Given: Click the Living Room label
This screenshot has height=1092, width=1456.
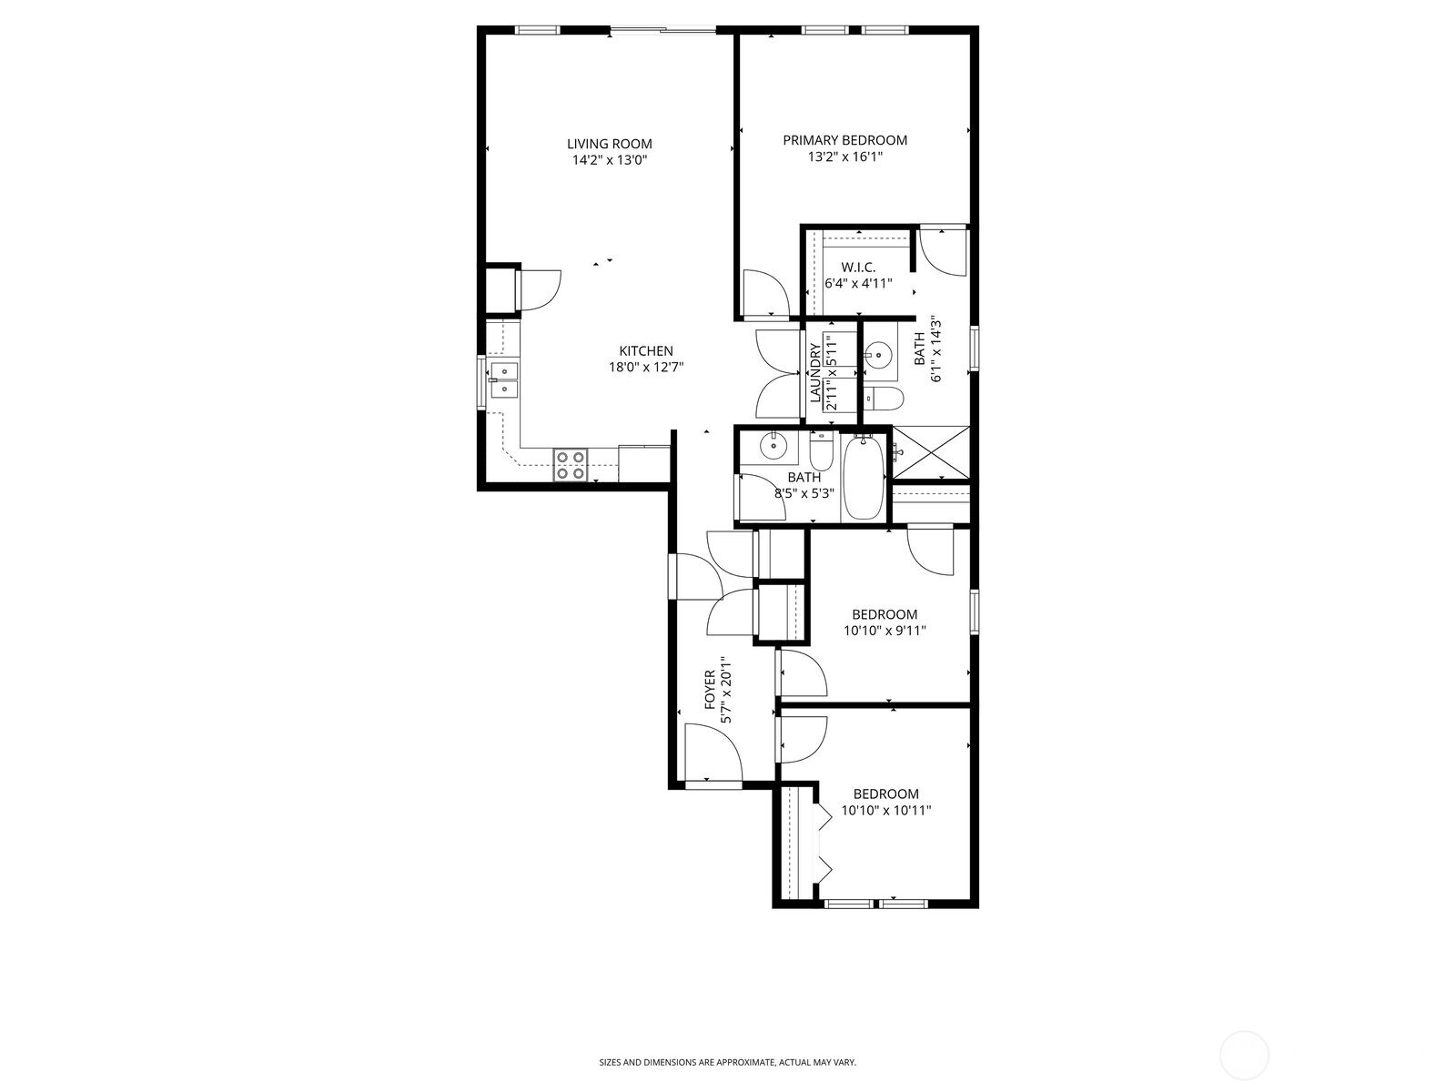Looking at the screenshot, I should [609, 144].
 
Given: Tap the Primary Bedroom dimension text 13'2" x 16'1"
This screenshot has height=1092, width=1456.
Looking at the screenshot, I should [844, 157].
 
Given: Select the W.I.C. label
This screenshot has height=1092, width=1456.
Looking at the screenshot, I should [858, 267].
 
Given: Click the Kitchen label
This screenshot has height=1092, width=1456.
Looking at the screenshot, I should [646, 351].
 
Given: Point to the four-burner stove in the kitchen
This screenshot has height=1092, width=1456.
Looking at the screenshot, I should [570, 465].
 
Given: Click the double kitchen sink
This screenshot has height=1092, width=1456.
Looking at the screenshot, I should [503, 379].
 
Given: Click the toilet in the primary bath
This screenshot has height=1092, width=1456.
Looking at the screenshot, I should [882, 397].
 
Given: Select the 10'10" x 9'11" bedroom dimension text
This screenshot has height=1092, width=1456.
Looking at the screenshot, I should [885, 630].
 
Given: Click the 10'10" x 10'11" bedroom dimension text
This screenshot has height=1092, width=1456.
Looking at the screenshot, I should [886, 810].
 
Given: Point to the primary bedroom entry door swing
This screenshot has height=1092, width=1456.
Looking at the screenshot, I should [764, 294].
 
